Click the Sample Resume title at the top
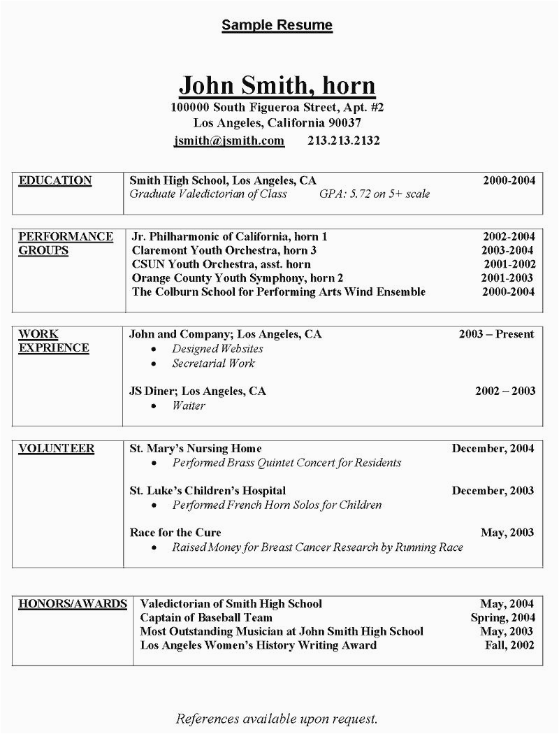(277, 26)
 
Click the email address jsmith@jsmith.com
(229, 141)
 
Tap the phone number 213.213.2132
(343, 141)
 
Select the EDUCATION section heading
(55, 180)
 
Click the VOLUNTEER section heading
(57, 449)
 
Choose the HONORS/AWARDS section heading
(73, 603)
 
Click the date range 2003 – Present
(496, 334)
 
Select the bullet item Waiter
(188, 405)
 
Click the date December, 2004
(493, 449)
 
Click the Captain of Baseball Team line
(206, 617)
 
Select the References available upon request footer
(277, 719)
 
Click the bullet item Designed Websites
(217, 348)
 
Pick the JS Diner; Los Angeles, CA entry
(198, 391)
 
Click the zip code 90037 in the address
(343, 123)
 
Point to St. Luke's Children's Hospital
(208, 491)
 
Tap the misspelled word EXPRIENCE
(54, 348)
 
